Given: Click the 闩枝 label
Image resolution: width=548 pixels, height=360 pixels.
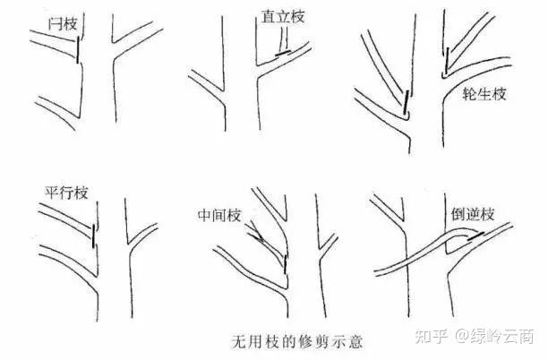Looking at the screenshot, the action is [x=63, y=24].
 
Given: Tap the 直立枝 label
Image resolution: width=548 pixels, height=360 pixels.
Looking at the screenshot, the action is [x=283, y=16].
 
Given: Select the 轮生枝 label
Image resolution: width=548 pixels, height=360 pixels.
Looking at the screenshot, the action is [x=484, y=94].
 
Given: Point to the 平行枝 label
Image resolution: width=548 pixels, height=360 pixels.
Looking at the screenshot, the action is [x=66, y=193].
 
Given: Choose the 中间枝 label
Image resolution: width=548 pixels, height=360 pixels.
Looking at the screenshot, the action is [x=219, y=215].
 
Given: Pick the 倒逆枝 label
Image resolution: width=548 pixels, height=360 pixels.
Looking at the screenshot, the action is [x=473, y=214].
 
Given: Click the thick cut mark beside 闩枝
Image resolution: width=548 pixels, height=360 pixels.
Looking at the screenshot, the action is [x=78, y=50].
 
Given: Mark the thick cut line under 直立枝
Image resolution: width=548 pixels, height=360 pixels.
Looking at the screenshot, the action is [x=283, y=53].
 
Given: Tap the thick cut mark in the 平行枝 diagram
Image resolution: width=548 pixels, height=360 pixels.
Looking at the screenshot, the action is [x=93, y=236].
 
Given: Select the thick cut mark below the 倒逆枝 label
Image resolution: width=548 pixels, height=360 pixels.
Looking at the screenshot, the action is [x=476, y=236].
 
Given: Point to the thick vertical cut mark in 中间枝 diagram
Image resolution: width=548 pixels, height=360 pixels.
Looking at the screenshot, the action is [x=285, y=264].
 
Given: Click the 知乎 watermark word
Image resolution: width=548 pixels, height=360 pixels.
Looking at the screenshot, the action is [x=432, y=336].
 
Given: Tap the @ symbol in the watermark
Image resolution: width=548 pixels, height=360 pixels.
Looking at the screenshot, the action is [x=461, y=336].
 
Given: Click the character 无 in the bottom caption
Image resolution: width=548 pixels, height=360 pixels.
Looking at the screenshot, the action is [x=239, y=341].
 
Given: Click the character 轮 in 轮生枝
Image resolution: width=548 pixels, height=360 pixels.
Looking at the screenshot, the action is [x=470, y=94].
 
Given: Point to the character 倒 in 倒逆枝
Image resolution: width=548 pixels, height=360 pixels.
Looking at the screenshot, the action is [x=458, y=214].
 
